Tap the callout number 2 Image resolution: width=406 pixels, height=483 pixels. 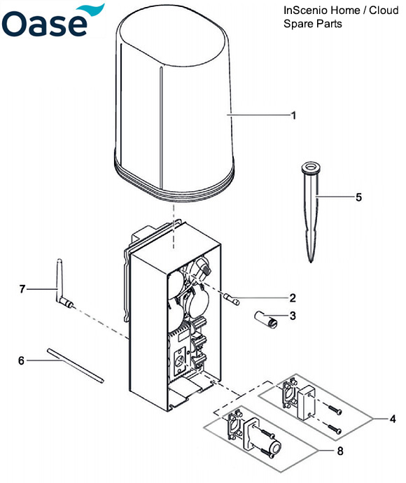click(x=293, y=297)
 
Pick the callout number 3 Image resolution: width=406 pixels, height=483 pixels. click(x=293, y=316)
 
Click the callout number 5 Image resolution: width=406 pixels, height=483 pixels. click(x=359, y=197)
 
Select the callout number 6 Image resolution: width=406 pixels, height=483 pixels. click(x=21, y=360)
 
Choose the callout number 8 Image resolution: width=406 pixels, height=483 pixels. click(x=340, y=451)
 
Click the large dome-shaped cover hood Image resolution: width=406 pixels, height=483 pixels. click(x=175, y=98)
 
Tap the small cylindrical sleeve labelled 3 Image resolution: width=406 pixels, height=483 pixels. click(x=265, y=318)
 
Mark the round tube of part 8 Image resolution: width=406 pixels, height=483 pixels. click(x=269, y=448)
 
